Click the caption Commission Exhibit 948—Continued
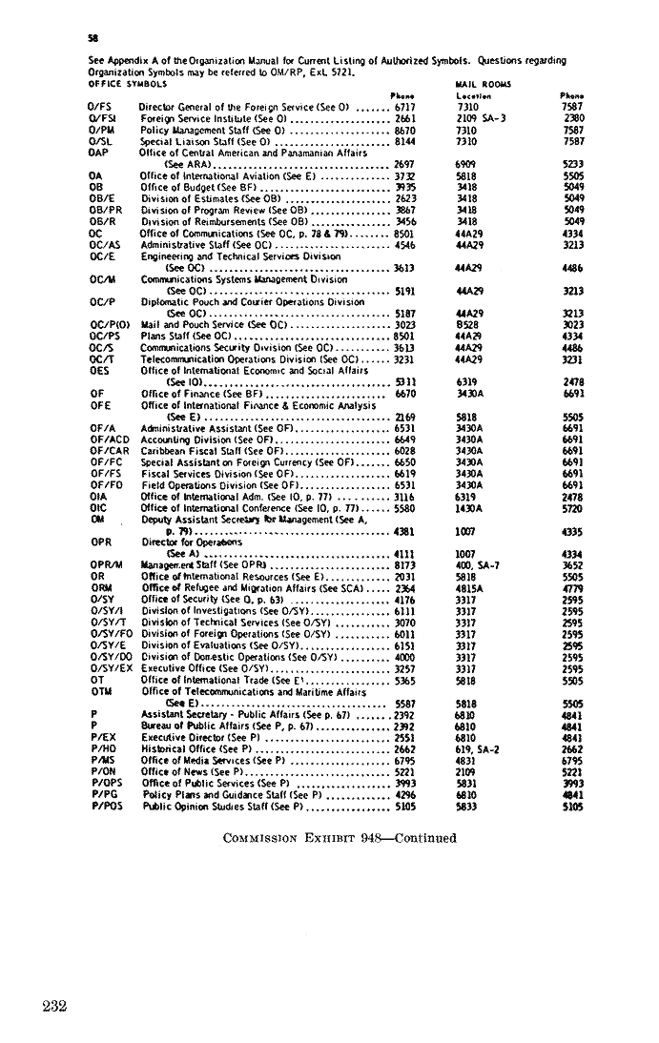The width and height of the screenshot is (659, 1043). (339, 838)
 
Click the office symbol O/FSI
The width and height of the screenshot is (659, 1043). (101, 119)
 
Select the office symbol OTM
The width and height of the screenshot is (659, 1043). (98, 691)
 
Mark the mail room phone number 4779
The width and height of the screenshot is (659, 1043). (573, 587)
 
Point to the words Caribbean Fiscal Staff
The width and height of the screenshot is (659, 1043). (192, 450)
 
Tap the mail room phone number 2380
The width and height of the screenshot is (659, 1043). (573, 119)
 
